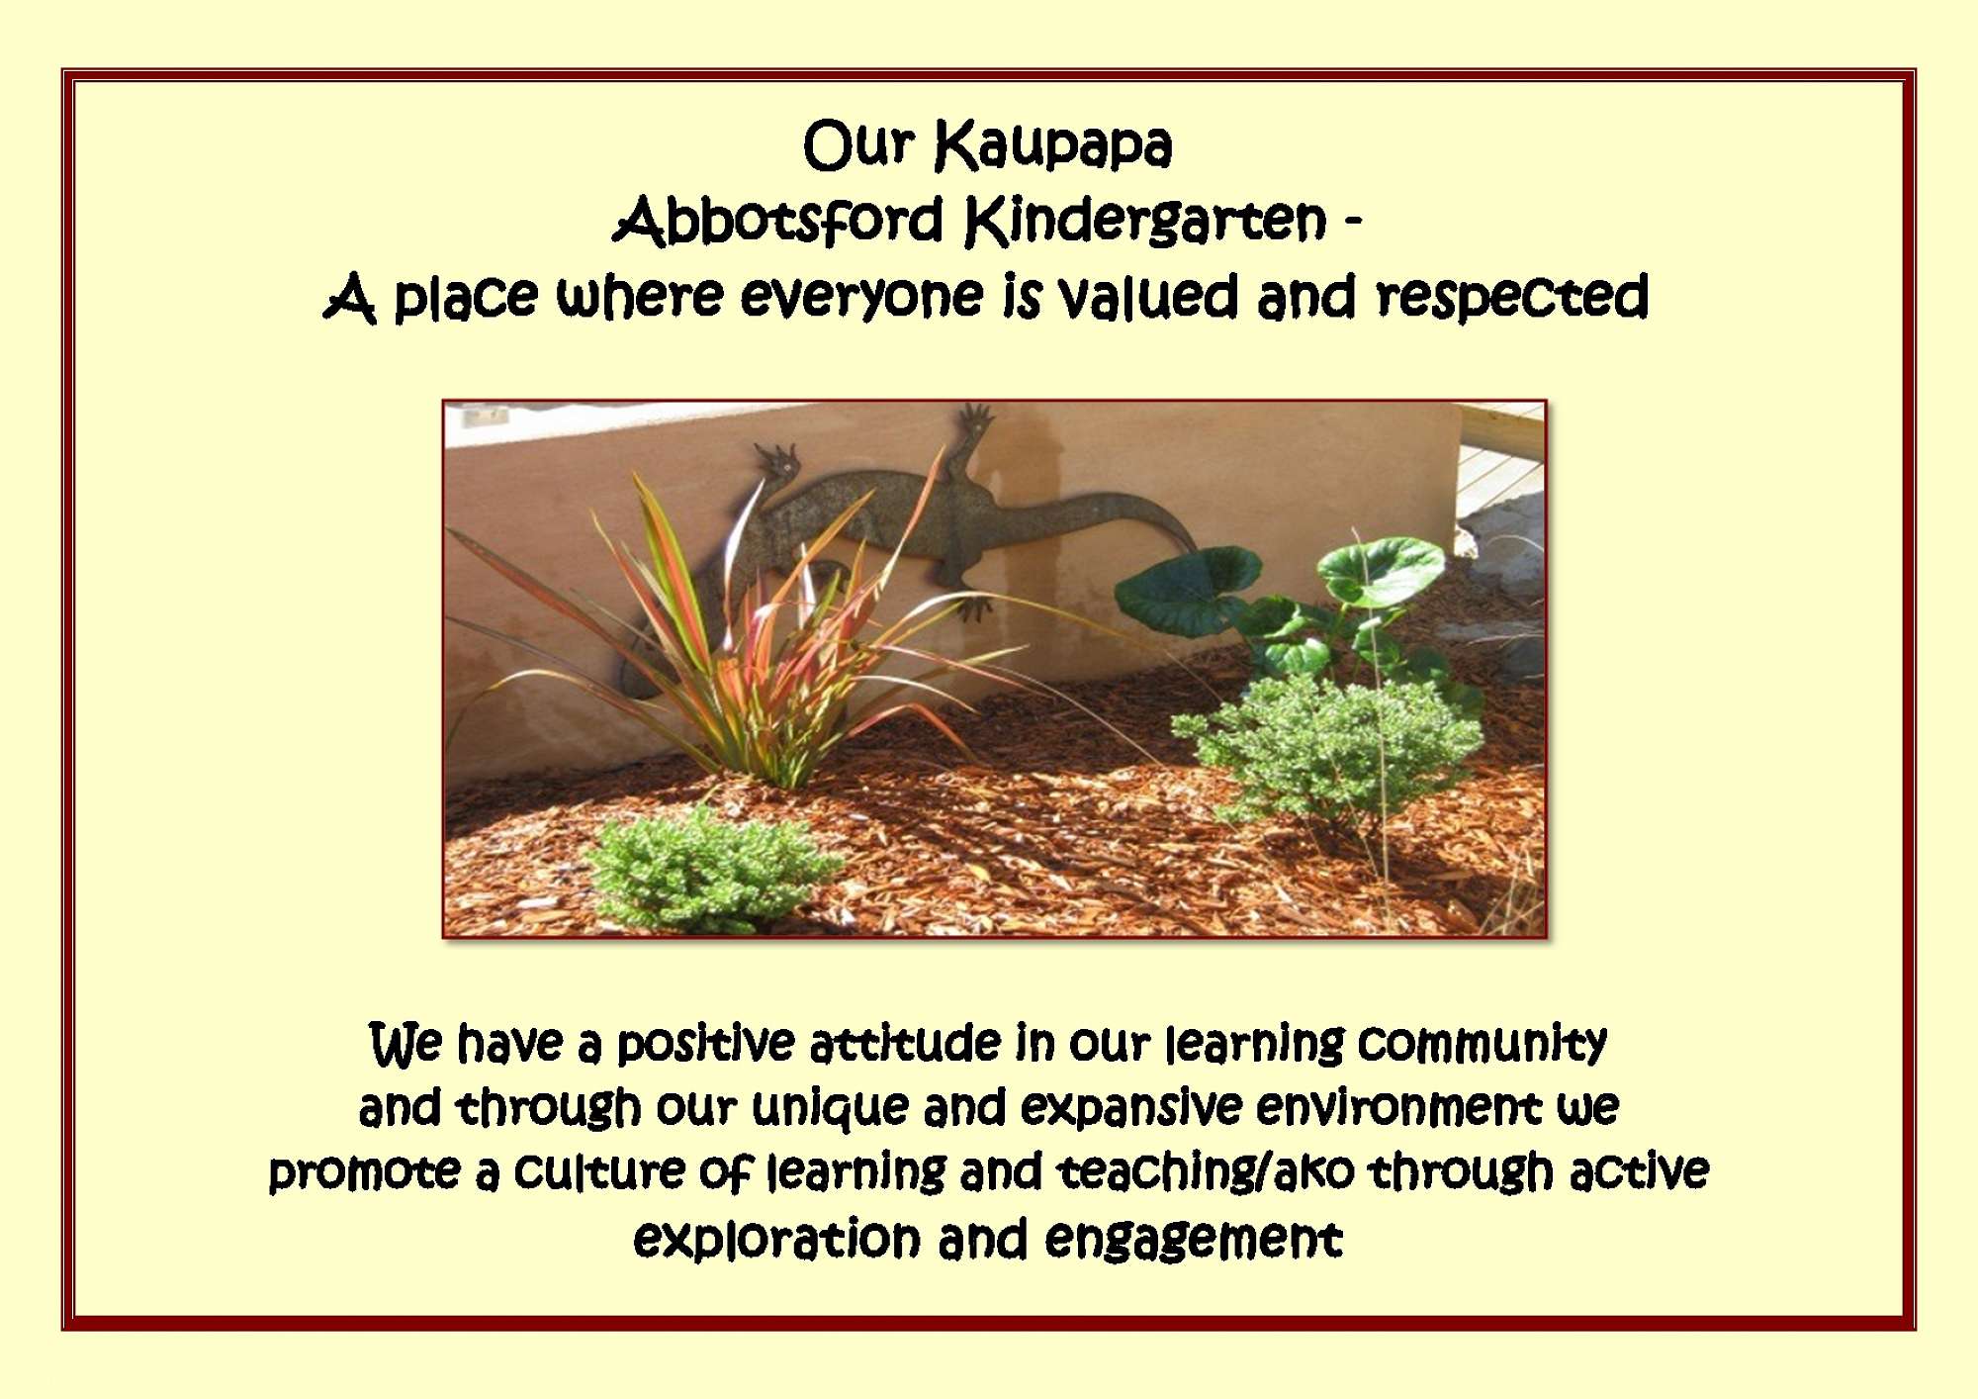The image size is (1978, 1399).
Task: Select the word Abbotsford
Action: pos(778,219)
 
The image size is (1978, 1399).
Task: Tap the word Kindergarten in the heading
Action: pos(1145,221)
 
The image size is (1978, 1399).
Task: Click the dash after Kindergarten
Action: pos(1354,222)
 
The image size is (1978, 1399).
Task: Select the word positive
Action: pos(705,1045)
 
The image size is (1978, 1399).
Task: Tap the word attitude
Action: pos(905,1044)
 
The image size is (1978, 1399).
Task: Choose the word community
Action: pos(1483,1045)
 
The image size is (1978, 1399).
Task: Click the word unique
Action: pos(830,1109)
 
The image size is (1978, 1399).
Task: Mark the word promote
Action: pos(364,1173)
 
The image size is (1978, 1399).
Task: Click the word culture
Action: pos(599,1171)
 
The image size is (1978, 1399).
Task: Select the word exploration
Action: pos(776,1239)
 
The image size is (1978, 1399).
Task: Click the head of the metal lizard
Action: pos(776,463)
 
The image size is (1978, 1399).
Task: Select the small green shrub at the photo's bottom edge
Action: pos(712,871)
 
